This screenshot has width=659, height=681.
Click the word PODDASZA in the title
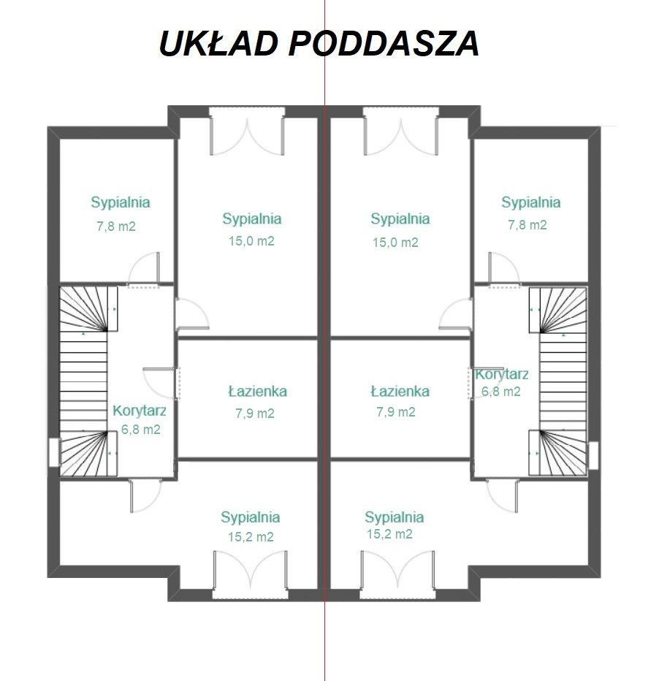tap(384, 44)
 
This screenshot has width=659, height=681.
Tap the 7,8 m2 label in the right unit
tap(527, 225)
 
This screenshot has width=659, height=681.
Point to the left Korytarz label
tap(140, 411)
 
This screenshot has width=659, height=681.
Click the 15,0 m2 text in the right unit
tap(395, 242)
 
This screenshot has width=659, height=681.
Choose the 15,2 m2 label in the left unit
tap(251, 536)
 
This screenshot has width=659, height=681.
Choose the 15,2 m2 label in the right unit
tap(389, 534)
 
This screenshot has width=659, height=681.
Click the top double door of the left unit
tap(246, 132)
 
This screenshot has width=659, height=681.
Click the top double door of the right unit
tap(400, 132)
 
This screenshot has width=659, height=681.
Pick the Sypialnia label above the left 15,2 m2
tap(251, 517)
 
